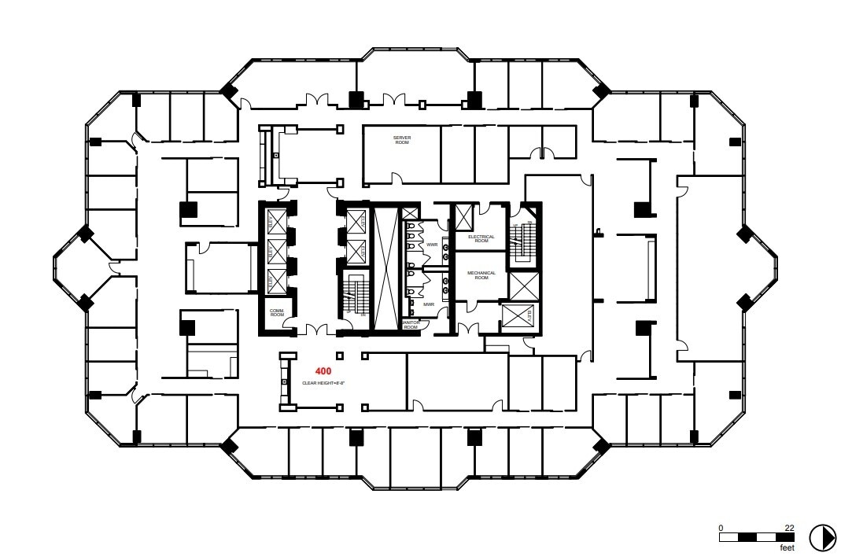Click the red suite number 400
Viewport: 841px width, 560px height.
click(x=323, y=370)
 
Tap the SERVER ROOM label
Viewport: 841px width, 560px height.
click(x=402, y=140)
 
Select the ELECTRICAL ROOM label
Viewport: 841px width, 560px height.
click(x=481, y=238)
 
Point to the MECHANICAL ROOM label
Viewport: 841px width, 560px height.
click(x=481, y=275)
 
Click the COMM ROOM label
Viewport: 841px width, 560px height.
click(x=276, y=312)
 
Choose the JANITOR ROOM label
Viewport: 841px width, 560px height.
click(x=411, y=324)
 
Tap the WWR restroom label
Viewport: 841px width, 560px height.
click(x=432, y=245)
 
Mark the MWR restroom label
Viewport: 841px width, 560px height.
click(x=429, y=304)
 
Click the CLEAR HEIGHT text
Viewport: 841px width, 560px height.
click(x=324, y=383)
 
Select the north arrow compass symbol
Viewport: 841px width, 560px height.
click(x=822, y=536)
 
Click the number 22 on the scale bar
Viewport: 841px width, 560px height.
click(x=789, y=528)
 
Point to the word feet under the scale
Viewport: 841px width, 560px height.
click(x=785, y=547)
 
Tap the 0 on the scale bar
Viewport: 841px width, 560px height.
click(x=721, y=528)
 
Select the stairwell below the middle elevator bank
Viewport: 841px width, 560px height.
click(x=355, y=297)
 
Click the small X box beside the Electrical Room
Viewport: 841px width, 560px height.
click(x=464, y=214)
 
